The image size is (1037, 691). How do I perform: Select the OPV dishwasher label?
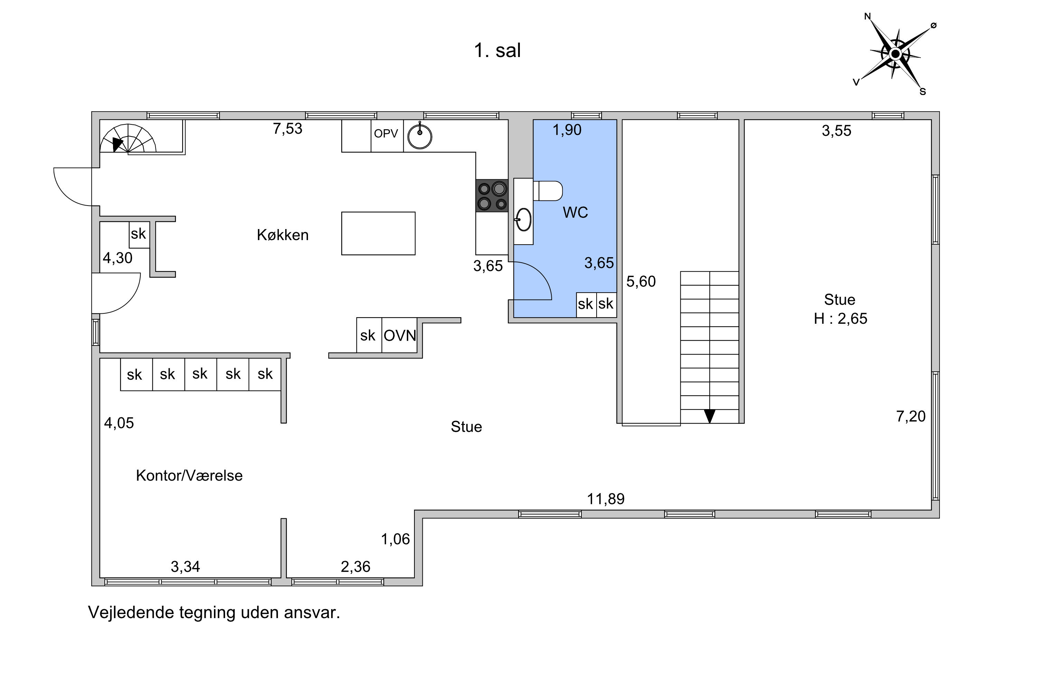(386, 133)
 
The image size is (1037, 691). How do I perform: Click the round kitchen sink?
(419, 136)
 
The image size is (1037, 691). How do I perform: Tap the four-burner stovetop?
(492, 196)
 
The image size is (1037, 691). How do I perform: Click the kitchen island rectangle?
(378, 234)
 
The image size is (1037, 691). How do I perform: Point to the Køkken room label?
(283, 235)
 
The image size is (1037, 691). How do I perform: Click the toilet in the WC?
(548, 191)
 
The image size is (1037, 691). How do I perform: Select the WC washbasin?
(524, 219)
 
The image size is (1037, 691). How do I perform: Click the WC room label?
(576, 212)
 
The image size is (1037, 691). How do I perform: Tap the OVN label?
(400, 336)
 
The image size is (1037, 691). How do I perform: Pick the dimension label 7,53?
(288, 129)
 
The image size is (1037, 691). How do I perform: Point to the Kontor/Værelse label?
(189, 475)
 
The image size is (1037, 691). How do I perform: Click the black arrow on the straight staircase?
(709, 416)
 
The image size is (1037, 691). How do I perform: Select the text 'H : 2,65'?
(840, 319)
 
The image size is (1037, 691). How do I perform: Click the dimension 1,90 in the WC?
(567, 130)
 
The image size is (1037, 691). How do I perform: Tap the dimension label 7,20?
(911, 416)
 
